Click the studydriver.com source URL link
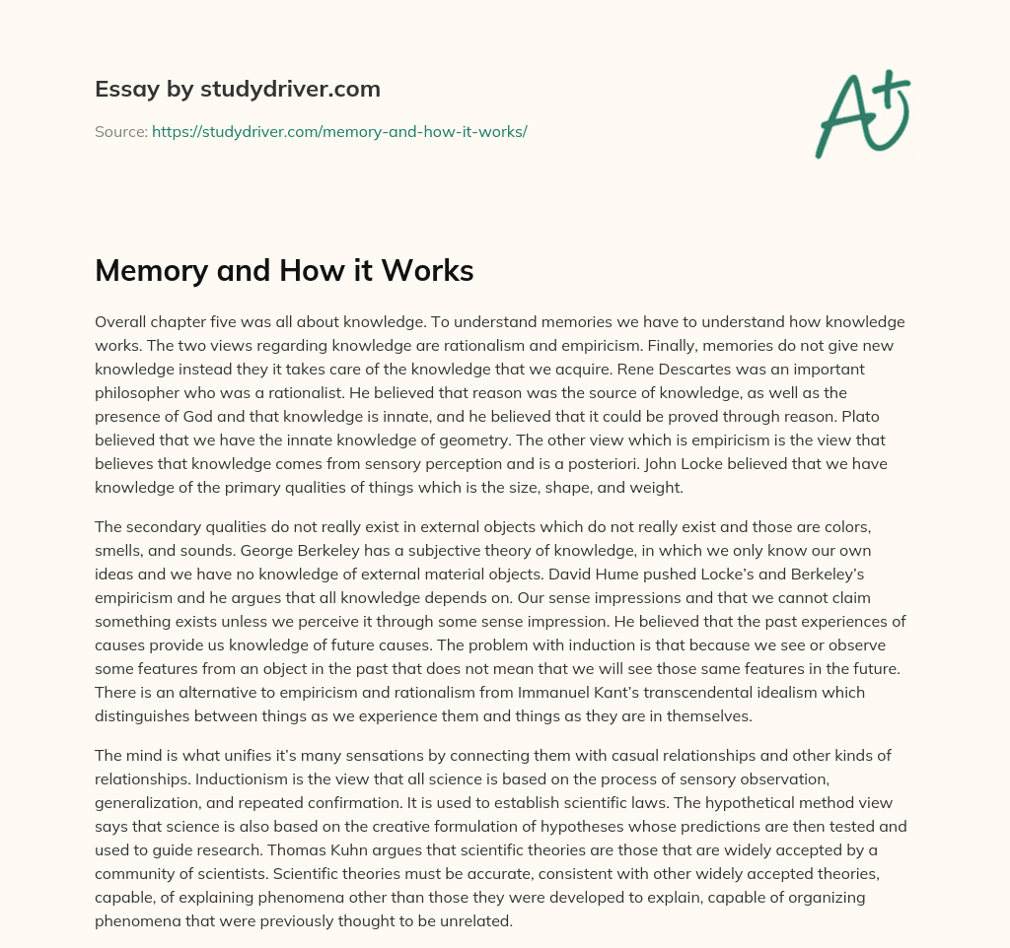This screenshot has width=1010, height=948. (339, 131)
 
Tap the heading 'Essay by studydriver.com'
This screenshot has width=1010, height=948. (238, 89)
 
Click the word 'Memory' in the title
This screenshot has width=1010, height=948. (150, 271)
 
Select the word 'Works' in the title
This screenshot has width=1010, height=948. (430, 271)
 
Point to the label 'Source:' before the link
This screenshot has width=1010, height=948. (120, 131)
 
